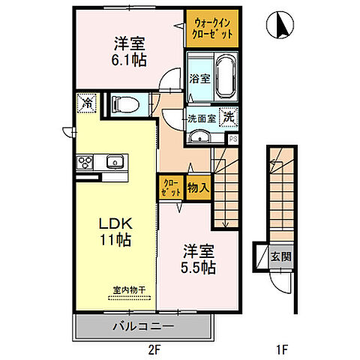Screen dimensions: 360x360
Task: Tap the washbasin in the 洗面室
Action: [198, 137]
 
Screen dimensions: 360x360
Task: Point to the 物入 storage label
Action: [197, 186]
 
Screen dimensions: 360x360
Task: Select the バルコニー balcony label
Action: [144, 326]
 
